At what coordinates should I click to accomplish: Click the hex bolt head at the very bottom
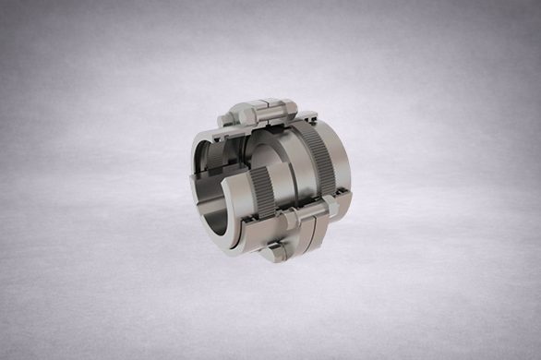click(272, 252)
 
